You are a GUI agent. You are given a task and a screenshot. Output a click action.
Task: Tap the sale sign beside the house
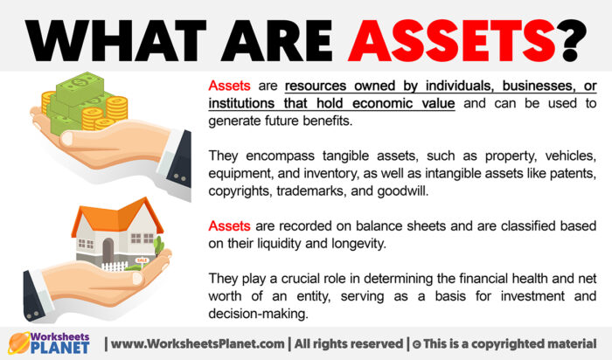[142, 260]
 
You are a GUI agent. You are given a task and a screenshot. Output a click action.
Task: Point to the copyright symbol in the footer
[417, 343]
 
